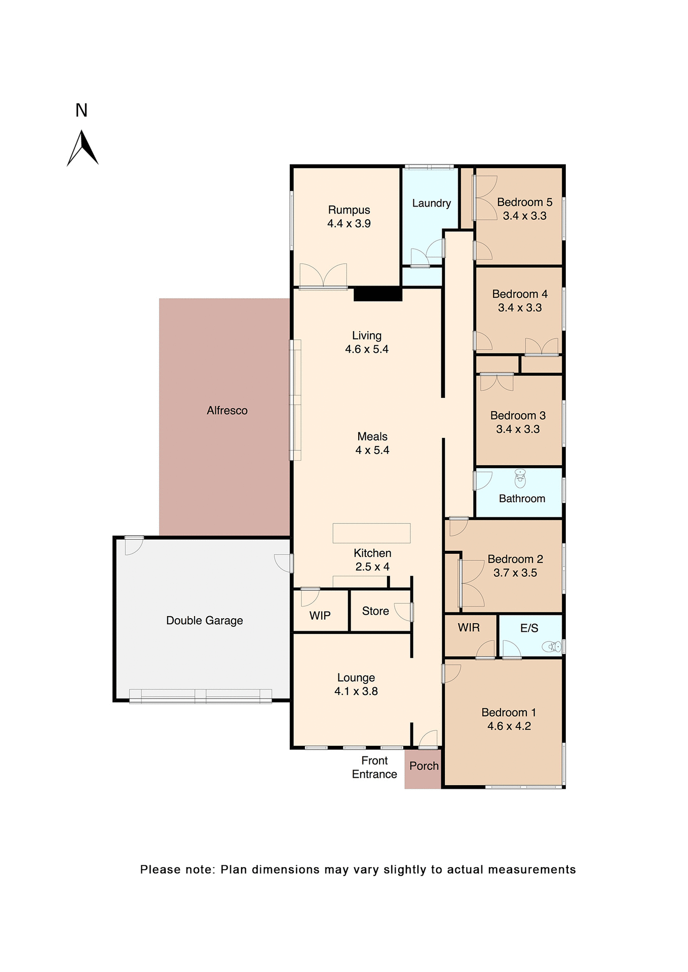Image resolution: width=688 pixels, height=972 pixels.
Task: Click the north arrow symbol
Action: pyautogui.click(x=83, y=148)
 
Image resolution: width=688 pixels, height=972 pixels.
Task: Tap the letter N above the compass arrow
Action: pyautogui.click(x=82, y=111)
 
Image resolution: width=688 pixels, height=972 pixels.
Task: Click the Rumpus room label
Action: pyautogui.click(x=349, y=210)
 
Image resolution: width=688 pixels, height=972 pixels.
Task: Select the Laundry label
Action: pyautogui.click(x=431, y=204)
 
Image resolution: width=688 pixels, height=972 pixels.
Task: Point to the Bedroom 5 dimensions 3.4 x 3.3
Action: pyautogui.click(x=524, y=216)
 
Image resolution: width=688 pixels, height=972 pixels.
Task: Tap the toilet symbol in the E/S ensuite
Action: pyautogui.click(x=552, y=646)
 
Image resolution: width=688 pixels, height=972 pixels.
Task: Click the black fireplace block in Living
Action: pyautogui.click(x=378, y=294)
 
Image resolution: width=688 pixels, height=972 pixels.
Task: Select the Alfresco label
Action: pyautogui.click(x=227, y=411)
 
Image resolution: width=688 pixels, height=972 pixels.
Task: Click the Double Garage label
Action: pyautogui.click(x=205, y=621)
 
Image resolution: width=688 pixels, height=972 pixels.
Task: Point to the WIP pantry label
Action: pyautogui.click(x=320, y=616)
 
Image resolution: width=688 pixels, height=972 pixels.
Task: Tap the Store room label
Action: pyautogui.click(x=375, y=611)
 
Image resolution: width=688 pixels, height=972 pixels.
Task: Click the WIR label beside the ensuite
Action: pyautogui.click(x=469, y=628)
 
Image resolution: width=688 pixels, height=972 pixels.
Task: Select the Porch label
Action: pyautogui.click(x=424, y=766)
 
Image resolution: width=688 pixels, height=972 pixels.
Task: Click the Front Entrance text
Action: pyautogui.click(x=374, y=767)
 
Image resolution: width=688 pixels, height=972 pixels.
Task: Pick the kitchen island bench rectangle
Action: pyautogui.click(x=371, y=533)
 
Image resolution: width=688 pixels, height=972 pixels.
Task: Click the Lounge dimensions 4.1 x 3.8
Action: pyautogui.click(x=356, y=692)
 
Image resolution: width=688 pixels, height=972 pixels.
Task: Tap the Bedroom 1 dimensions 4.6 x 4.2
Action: pyautogui.click(x=509, y=726)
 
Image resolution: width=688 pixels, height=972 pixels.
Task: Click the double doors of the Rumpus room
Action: pyautogui.click(x=323, y=276)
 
